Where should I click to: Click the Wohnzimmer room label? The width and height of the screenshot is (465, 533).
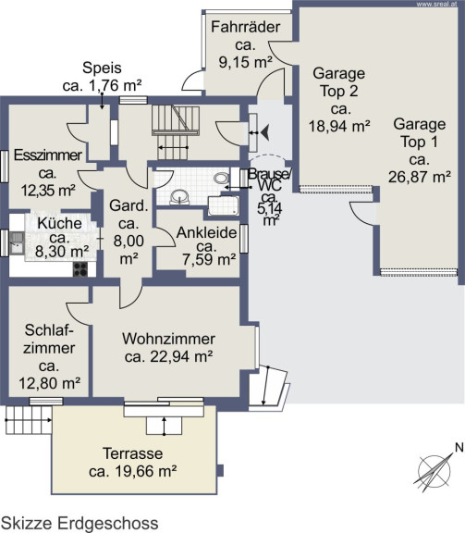click(x=169, y=339)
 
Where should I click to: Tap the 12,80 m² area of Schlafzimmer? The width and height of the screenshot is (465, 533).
click(x=50, y=383)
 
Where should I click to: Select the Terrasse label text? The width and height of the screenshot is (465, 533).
click(x=133, y=453)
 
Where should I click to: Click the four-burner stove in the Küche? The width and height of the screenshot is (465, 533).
click(x=80, y=269)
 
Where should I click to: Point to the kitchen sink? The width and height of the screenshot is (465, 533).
click(x=17, y=242)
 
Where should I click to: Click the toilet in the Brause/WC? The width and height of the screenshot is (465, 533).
click(x=222, y=178)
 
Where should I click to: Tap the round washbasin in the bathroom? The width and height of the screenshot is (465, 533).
click(x=179, y=197)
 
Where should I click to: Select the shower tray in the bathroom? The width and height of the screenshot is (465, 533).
click(x=224, y=205)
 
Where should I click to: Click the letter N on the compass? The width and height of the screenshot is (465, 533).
click(x=459, y=448)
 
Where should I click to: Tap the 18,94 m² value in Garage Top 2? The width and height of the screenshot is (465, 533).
click(x=339, y=126)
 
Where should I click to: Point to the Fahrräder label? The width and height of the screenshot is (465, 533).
click(x=246, y=27)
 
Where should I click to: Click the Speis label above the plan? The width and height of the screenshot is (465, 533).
click(x=102, y=68)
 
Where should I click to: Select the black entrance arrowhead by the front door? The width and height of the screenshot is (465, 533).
click(x=265, y=132)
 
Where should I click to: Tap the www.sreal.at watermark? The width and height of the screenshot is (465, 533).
click(x=436, y=5)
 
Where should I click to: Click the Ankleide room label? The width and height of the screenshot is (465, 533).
click(x=206, y=233)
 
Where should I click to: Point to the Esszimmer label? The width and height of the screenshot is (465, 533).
click(x=48, y=155)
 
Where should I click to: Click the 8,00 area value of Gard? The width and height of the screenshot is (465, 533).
click(x=128, y=241)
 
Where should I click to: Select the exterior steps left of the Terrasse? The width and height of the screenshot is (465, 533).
click(x=29, y=420)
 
